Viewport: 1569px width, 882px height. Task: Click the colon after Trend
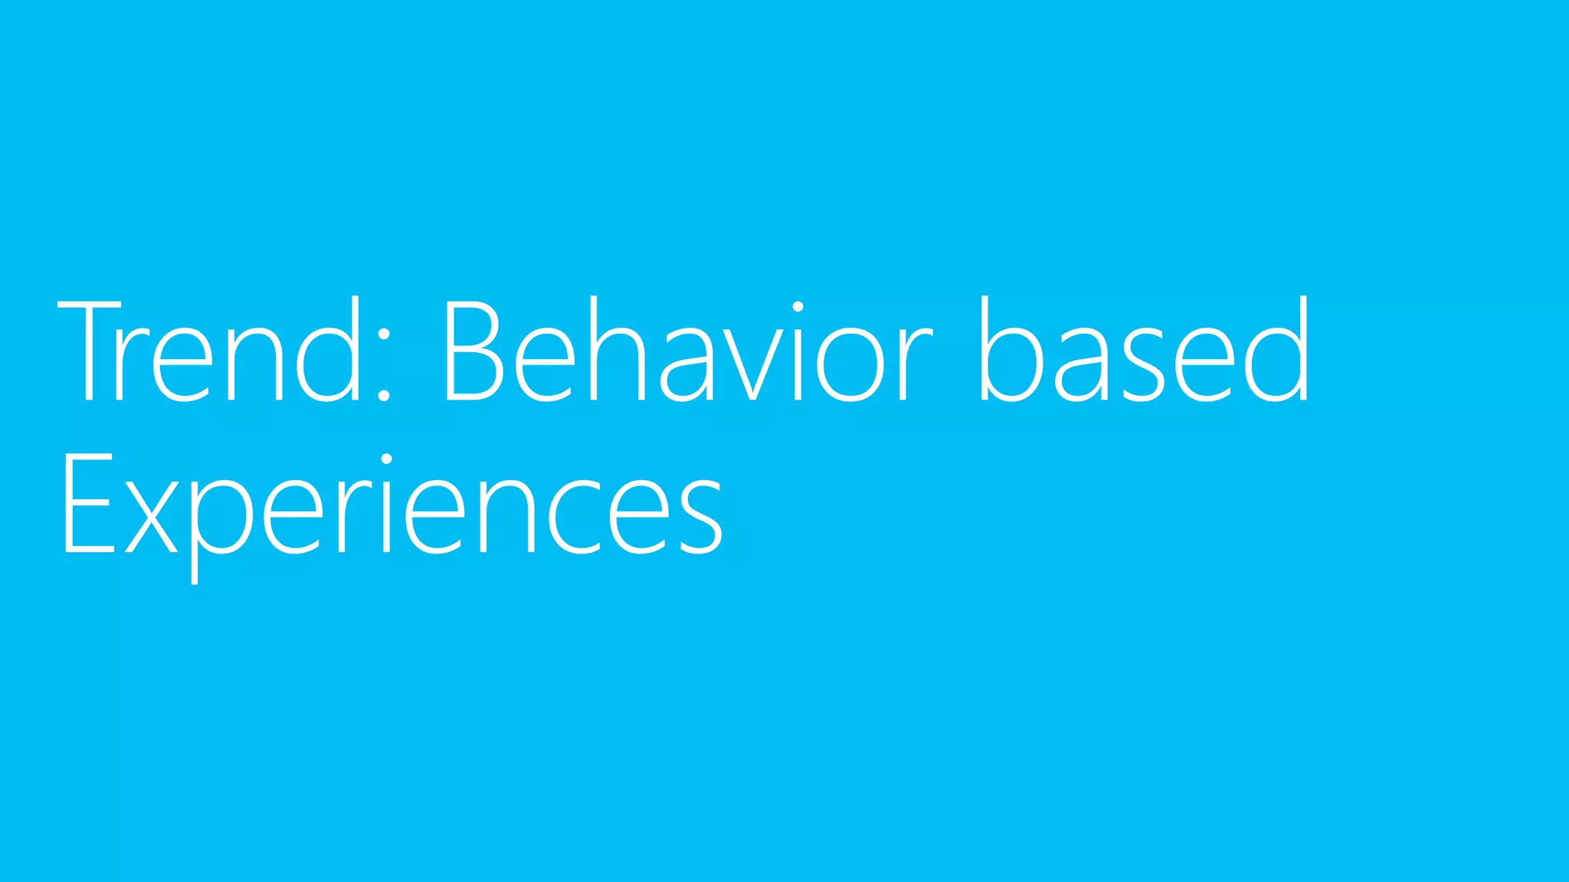click(384, 366)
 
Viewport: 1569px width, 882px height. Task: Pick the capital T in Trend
click(89, 351)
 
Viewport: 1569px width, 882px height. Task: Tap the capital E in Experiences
click(87, 504)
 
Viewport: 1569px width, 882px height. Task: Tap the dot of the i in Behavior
click(798, 308)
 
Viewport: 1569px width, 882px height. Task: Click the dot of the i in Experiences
click(387, 460)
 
